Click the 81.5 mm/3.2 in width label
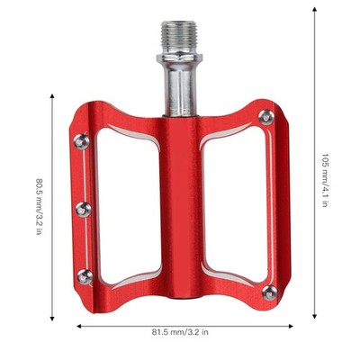[180, 332]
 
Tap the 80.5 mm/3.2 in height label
[39, 206]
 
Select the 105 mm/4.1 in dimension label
[324, 180]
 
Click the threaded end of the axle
[179, 37]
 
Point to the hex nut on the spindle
[179, 58]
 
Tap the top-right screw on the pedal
[266, 117]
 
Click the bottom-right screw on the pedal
[270, 292]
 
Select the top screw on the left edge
[82, 141]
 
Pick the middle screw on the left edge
[84, 209]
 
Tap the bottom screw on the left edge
[85, 276]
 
